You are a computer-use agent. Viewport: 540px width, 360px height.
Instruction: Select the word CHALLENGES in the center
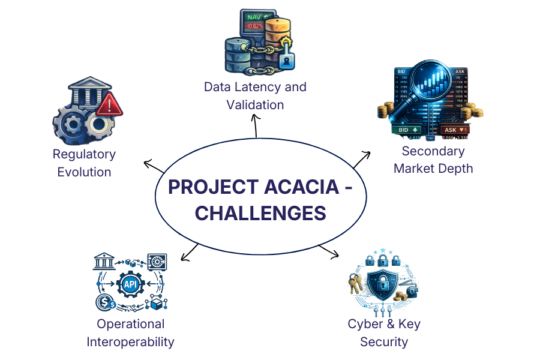coord(261,213)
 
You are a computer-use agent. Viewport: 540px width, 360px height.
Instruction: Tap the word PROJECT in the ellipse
coord(205,187)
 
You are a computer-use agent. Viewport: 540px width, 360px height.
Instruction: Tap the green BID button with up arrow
coord(406,130)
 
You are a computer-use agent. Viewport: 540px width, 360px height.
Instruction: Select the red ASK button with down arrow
coord(455,130)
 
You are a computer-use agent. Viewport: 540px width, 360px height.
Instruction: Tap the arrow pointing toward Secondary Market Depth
coord(362,160)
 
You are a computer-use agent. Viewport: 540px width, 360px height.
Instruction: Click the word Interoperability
coord(130,342)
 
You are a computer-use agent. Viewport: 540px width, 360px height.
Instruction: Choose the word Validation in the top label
coord(255,105)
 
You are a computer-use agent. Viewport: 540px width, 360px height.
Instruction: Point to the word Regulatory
coord(84,154)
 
